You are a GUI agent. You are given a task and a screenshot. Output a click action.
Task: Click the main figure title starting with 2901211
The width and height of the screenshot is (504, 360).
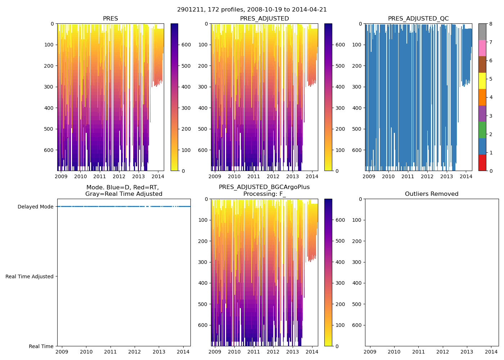click(252, 10)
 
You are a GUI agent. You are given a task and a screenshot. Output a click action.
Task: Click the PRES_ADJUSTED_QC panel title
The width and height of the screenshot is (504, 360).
click(418, 19)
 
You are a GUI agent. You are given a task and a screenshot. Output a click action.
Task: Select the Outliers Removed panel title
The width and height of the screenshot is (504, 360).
click(431, 194)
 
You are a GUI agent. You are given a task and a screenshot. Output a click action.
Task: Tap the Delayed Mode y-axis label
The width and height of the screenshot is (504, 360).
click(35, 207)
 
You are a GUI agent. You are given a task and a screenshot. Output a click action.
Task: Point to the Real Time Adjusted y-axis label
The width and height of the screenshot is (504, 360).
click(30, 276)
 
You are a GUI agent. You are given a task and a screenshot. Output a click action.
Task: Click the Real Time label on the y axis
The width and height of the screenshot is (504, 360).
click(41, 346)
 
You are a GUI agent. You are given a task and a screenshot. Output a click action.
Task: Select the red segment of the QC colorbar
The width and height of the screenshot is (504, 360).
click(482, 162)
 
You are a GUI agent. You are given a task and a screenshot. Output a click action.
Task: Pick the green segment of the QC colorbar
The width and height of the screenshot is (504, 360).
click(482, 130)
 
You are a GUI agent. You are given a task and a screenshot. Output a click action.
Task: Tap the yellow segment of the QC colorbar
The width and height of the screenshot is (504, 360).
click(482, 81)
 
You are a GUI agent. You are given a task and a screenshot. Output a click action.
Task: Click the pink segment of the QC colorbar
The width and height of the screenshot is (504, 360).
click(482, 48)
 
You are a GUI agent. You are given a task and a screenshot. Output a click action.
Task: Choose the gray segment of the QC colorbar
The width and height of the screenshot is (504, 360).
click(482, 32)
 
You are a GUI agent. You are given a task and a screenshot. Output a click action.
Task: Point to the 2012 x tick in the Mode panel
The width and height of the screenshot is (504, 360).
click(135, 352)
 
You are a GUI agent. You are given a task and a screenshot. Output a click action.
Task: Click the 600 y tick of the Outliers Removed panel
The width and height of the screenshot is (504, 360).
click(357, 325)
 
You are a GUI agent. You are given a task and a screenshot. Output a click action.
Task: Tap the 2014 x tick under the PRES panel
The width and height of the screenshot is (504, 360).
click(158, 176)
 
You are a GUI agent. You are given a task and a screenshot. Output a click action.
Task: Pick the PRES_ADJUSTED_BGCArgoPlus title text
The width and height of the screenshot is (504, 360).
click(264, 187)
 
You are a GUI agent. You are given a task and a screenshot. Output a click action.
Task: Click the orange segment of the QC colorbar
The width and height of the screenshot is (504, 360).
click(482, 97)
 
